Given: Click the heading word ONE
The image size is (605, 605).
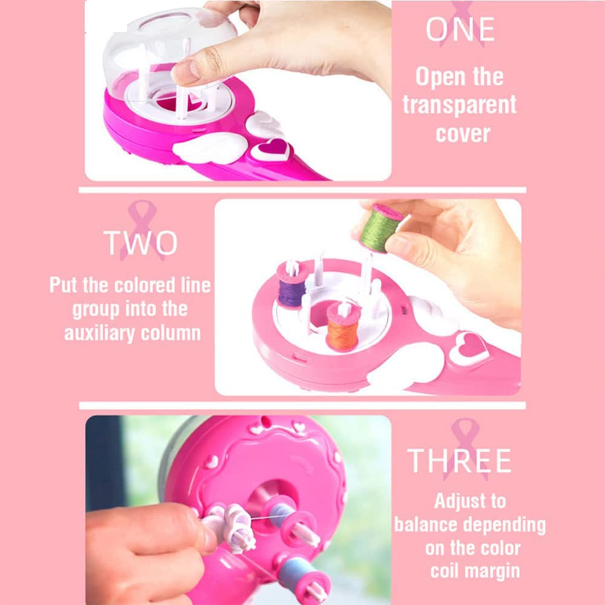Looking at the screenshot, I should (460, 29).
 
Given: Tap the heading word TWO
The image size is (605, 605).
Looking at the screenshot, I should (141, 243).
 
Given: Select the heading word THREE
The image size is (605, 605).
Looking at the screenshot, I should (459, 460).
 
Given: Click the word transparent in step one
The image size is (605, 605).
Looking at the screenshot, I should (459, 105).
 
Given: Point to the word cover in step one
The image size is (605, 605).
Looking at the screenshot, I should (463, 134).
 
